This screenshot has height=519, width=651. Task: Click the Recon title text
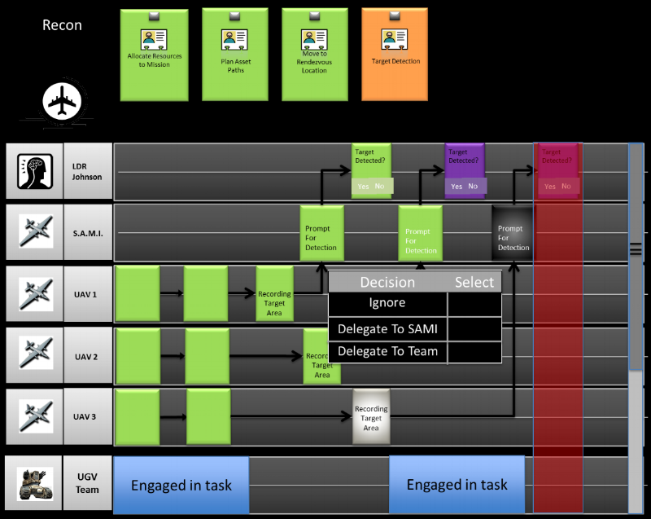pyautogui.click(x=62, y=25)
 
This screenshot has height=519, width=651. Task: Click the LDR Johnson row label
pyautogui.click(x=88, y=171)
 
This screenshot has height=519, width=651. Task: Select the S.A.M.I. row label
pyautogui.click(x=88, y=233)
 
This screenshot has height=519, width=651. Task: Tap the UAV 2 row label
pyautogui.click(x=86, y=357)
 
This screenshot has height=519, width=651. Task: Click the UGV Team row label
pyautogui.click(x=87, y=484)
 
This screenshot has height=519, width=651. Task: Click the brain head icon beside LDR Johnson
pyautogui.click(x=35, y=171)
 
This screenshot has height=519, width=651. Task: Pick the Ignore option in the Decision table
pyautogui.click(x=387, y=303)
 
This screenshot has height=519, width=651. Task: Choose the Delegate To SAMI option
pyautogui.click(x=387, y=329)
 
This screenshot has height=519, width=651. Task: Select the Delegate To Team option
pyautogui.click(x=387, y=352)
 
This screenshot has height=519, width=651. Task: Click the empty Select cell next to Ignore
pyautogui.click(x=474, y=303)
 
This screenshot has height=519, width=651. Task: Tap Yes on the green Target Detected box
pyautogui.click(x=363, y=187)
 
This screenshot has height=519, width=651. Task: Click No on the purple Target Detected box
pyautogui.click(x=473, y=187)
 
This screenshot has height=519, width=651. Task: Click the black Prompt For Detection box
pyautogui.click(x=513, y=233)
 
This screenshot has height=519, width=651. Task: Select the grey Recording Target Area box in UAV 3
pyautogui.click(x=371, y=417)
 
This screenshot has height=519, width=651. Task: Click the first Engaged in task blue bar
pyautogui.click(x=181, y=486)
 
